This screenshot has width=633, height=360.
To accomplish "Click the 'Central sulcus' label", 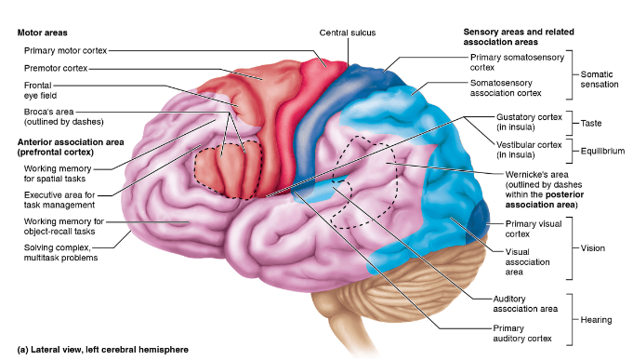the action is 348,33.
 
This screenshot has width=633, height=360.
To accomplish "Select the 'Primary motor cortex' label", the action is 65,50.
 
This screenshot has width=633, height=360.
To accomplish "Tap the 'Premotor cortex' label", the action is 56,68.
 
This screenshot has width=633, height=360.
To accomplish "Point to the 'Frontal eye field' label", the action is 40,90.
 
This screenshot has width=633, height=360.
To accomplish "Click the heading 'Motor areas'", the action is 43,33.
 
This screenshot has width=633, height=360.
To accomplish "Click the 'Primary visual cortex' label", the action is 534,229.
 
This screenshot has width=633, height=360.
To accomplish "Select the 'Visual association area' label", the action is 527,261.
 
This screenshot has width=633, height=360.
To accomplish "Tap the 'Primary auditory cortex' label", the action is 522,333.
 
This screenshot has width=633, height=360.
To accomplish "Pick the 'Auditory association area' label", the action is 525,304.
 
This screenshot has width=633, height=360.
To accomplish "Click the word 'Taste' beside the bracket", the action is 591,123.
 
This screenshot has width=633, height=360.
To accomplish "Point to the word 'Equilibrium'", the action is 602,151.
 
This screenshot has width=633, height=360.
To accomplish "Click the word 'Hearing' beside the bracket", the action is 596,320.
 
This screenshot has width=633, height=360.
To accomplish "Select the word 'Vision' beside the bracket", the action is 593,248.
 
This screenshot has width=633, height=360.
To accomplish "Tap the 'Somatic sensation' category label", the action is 600,79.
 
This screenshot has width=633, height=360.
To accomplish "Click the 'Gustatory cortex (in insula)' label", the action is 529,122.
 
